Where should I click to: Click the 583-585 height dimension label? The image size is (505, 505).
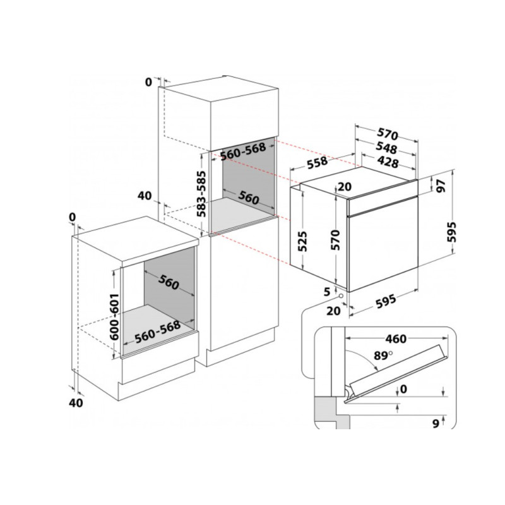tap(201, 194)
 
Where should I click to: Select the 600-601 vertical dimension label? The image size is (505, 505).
tap(114, 317)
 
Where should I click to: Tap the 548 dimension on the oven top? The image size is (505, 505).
tap(386, 148)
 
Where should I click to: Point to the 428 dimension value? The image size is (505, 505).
tap(388, 162)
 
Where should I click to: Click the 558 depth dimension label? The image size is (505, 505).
tap(318, 163)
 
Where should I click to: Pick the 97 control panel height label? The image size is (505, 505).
tap(441, 186)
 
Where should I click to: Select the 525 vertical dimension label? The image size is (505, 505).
tap(302, 241)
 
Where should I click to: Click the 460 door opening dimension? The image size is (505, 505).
tap(396, 339)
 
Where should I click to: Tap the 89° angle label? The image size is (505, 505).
tap(383, 355)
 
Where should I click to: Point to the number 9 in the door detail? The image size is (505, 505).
tap(436, 424)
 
